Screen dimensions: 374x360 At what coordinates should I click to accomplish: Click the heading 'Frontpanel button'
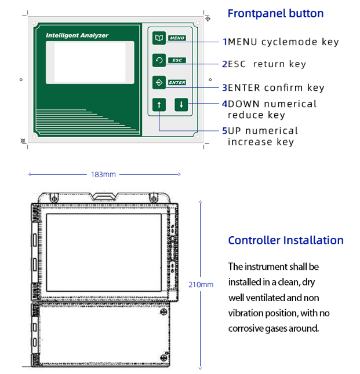(275, 13)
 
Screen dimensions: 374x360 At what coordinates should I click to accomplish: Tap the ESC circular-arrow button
(159, 60)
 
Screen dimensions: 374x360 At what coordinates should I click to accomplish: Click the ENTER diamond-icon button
(159, 82)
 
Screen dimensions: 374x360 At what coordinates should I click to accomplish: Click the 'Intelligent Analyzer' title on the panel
(77, 36)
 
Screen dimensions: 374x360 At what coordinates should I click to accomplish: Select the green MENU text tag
(177, 38)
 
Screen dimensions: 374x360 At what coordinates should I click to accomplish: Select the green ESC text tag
(177, 60)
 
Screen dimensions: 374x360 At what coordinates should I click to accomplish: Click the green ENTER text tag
(177, 83)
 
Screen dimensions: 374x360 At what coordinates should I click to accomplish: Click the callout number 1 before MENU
(225, 42)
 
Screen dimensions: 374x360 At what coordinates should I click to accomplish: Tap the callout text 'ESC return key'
(267, 64)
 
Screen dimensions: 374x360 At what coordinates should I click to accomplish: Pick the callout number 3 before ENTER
(225, 88)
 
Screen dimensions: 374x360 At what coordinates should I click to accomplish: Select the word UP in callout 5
(235, 131)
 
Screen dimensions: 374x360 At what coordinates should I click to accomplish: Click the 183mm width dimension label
(103, 174)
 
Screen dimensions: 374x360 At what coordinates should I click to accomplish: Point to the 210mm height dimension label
(201, 284)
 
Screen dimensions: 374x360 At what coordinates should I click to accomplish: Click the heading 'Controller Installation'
(286, 240)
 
